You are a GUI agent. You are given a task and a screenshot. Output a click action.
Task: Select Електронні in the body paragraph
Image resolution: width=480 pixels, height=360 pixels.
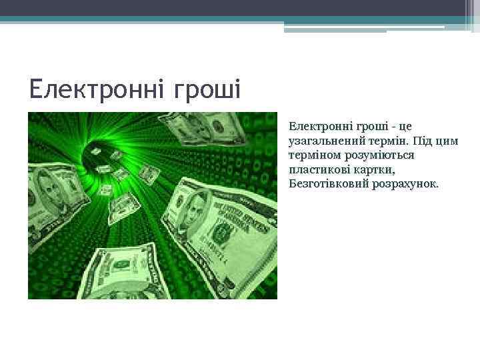316,126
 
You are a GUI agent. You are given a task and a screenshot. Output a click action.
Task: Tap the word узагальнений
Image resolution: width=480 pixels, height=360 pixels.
325,141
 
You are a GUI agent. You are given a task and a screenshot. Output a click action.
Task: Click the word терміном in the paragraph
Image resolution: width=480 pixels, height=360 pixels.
313,155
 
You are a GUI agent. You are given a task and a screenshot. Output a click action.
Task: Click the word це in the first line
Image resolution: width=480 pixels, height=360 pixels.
406,126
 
